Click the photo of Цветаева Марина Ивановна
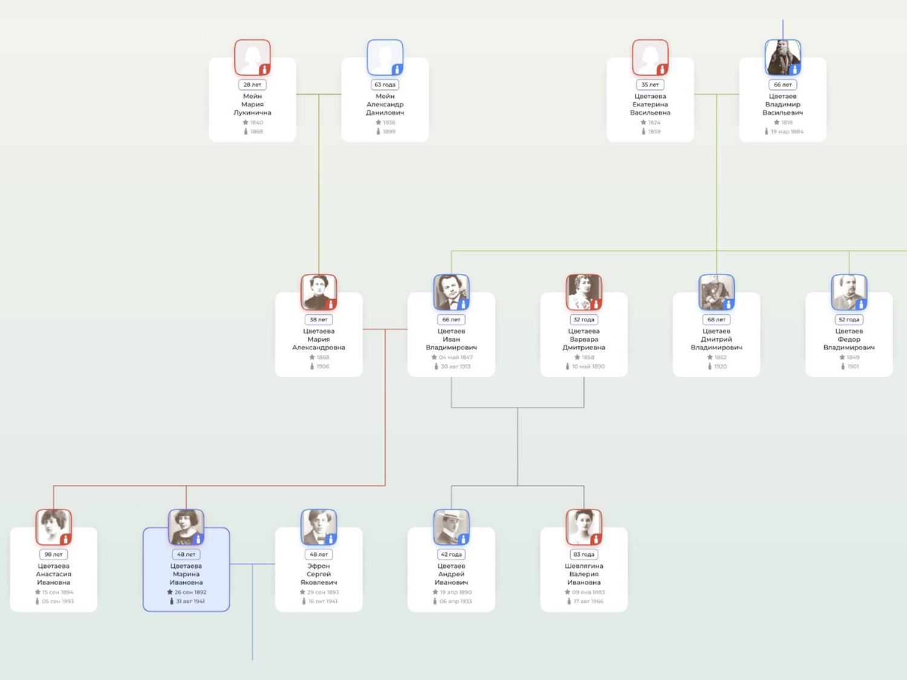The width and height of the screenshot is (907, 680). pos(186,527)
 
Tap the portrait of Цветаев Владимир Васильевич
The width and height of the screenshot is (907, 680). pos(782,57)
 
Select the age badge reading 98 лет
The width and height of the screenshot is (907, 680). pos(54,554)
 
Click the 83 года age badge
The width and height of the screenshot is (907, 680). pos(584,554)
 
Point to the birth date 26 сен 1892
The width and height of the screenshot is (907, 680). pos(190,592)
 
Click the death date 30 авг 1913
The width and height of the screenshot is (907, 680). pos(455,366)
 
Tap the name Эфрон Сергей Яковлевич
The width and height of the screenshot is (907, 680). pos(319,574)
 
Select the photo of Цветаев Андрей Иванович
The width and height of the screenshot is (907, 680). pos(451,527)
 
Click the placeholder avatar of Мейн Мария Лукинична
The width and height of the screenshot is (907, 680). pos(252,57)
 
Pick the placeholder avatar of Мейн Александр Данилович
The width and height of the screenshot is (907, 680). pos(385,57)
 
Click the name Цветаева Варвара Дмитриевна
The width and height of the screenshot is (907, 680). pos(584,339)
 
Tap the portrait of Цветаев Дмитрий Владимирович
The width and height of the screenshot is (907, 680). pos(717,292)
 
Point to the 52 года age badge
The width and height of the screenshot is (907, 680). pos(849,320)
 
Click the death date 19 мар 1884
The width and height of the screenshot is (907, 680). pos(787,131)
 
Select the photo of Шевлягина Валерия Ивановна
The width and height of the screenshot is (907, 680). pos(584,527)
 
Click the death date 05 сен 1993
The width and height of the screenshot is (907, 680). pos(57,601)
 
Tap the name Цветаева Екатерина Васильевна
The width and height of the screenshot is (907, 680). pos(650,104)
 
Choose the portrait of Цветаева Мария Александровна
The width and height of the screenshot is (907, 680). pos(319,292)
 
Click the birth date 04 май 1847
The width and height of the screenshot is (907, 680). pos(455,357)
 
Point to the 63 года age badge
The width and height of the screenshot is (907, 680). pos(385,85)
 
